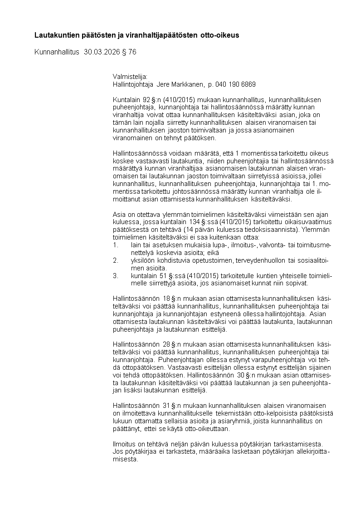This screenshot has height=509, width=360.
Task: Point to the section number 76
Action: [x=132, y=52]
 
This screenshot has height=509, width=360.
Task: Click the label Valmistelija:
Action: [x=130, y=76]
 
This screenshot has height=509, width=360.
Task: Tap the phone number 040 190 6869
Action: [x=235, y=84]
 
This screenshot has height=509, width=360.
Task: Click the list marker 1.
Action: [x=115, y=245]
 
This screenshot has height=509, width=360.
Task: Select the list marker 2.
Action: [x=115, y=261]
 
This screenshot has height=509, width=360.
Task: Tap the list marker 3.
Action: [x=115, y=276]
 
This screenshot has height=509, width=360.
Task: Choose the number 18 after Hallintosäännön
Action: [x=166, y=298]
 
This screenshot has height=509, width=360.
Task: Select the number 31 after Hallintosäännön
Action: [x=166, y=405]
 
